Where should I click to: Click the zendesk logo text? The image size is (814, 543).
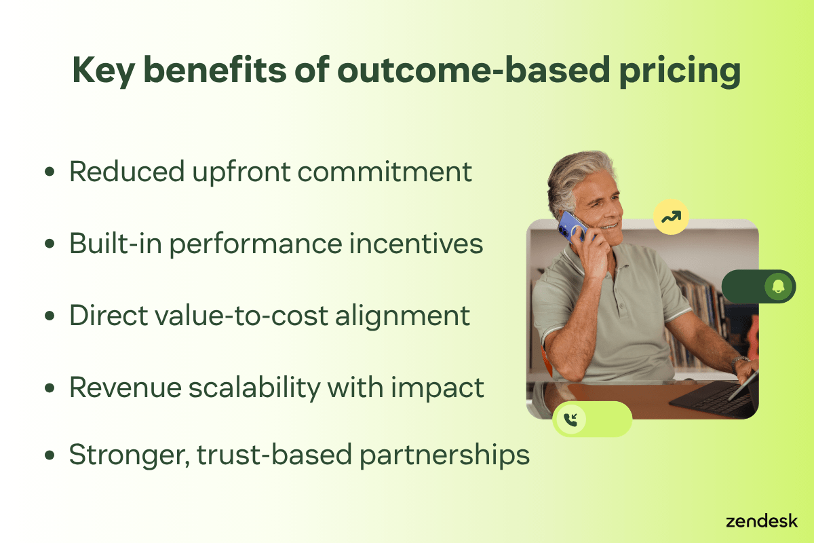[x=761, y=521]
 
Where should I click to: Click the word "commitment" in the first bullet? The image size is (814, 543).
[x=384, y=171]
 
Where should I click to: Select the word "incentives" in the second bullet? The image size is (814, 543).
[x=416, y=244]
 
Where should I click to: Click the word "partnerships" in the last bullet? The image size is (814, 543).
[x=444, y=456]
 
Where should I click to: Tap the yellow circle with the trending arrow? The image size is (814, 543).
[x=671, y=217]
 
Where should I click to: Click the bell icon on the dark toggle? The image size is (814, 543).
[x=778, y=286]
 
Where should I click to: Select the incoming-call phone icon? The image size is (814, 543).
[x=570, y=419]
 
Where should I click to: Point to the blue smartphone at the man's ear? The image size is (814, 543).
[x=571, y=227]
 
